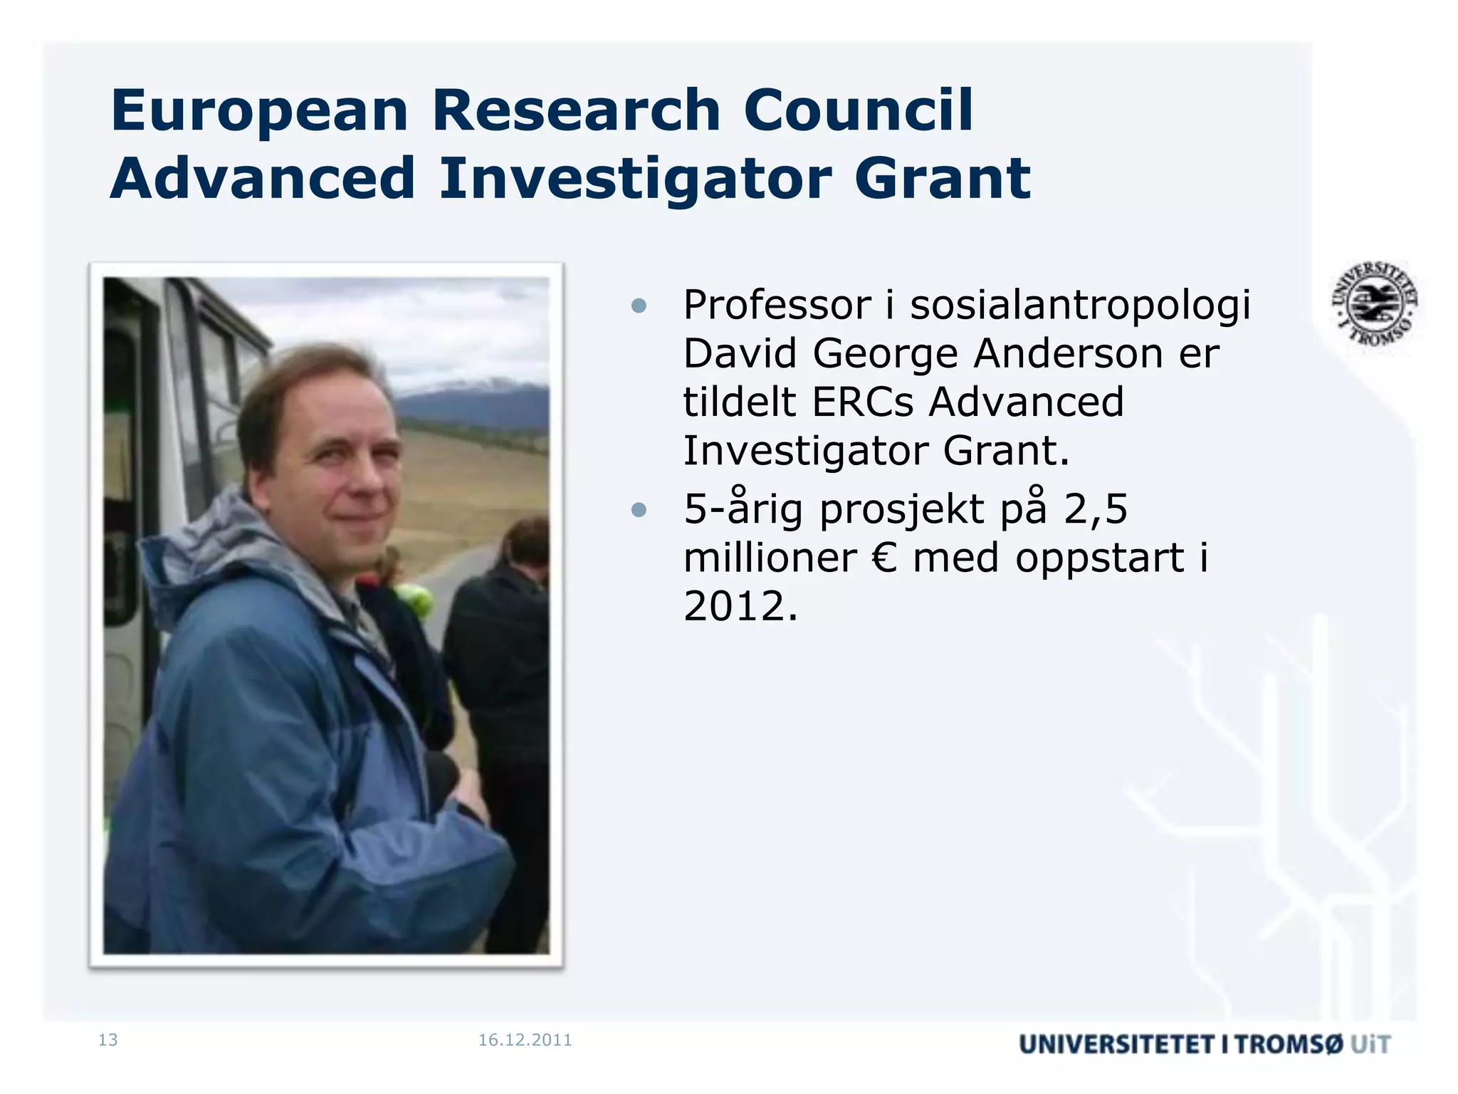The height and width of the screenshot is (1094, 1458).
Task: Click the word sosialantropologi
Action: tap(1080, 306)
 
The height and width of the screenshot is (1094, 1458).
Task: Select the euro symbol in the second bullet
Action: tap(884, 558)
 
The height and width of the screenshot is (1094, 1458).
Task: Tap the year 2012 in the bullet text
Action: tap(740, 606)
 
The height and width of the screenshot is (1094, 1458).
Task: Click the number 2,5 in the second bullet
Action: tap(1096, 509)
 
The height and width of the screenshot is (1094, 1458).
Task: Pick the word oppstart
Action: tap(1100, 559)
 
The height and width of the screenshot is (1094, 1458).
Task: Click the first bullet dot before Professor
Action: tap(639, 306)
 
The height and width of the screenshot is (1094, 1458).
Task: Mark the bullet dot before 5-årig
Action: tap(639, 510)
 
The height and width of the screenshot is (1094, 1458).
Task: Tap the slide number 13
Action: tap(108, 1040)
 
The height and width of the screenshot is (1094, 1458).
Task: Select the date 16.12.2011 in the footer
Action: tap(525, 1040)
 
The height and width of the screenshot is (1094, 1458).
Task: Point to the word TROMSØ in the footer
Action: tap(1289, 1044)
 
